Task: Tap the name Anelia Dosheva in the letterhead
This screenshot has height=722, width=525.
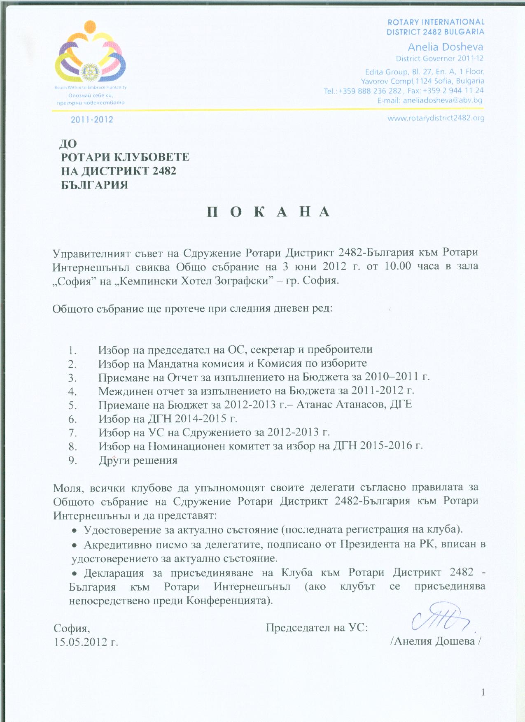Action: (445, 47)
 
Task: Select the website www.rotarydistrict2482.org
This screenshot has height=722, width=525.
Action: (436, 118)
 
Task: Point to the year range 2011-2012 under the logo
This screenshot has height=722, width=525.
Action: (92, 120)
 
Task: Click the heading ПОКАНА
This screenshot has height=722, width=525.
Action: (268, 212)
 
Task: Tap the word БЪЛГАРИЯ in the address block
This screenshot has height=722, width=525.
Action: (95, 185)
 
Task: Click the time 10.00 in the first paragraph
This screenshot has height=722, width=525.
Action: (397, 266)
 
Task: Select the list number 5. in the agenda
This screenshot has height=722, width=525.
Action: (73, 405)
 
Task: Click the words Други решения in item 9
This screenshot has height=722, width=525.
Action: (138, 460)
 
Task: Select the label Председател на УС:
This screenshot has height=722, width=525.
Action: (317, 628)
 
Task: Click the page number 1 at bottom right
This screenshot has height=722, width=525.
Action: (483, 692)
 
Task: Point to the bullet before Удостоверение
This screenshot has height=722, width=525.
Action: (75, 530)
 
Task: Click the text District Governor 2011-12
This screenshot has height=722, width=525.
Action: (439, 58)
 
